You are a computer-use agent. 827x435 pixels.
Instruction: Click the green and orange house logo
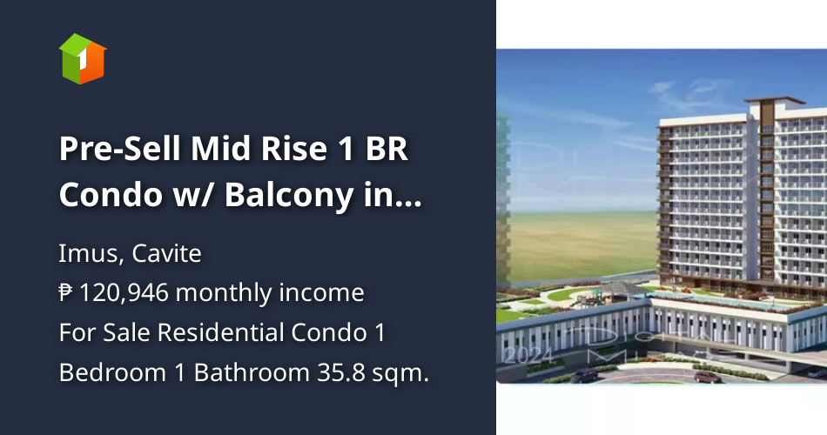[x=83, y=58]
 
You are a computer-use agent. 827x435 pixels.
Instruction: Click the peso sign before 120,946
[x=66, y=293]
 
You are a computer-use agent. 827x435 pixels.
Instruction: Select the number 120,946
[x=126, y=293]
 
